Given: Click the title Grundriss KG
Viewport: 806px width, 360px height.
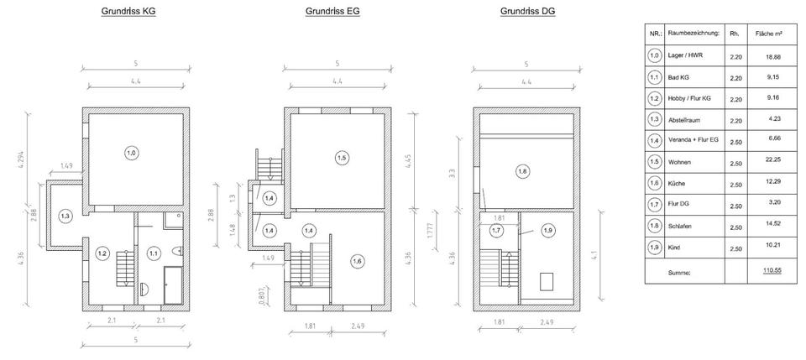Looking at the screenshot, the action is [x=128, y=11].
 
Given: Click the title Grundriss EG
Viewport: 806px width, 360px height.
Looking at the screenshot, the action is [x=332, y=11].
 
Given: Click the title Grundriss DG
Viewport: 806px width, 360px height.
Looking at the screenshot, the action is [x=528, y=11].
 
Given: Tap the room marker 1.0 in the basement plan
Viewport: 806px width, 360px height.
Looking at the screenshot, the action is [x=132, y=153].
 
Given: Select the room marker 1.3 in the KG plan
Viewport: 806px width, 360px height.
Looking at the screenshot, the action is [x=65, y=217].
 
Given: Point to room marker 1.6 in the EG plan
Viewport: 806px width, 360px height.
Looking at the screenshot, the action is [x=357, y=261].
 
